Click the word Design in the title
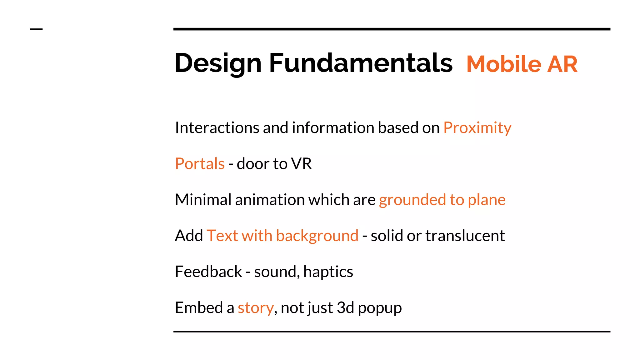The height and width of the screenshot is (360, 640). coord(218,63)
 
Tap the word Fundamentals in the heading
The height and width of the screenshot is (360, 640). coord(361,63)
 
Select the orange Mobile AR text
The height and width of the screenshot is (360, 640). coord(522,64)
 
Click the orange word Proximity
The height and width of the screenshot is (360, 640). coord(477,128)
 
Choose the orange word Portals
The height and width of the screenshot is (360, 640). coord(200,164)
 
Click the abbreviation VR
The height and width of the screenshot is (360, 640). coord(301,164)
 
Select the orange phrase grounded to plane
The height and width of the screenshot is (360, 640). coord(442,200)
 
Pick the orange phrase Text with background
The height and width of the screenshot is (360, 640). coord(282,236)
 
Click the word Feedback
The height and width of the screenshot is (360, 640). coord(208,272)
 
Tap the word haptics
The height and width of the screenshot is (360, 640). coord(328,272)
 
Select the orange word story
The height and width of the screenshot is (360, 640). coord(256,308)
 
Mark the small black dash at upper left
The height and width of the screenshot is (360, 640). coord(36,29)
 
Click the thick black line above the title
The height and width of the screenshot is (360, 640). coord(392,29)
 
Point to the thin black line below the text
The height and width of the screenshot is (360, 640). coord(392,332)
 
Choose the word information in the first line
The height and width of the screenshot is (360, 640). coord(333,128)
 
